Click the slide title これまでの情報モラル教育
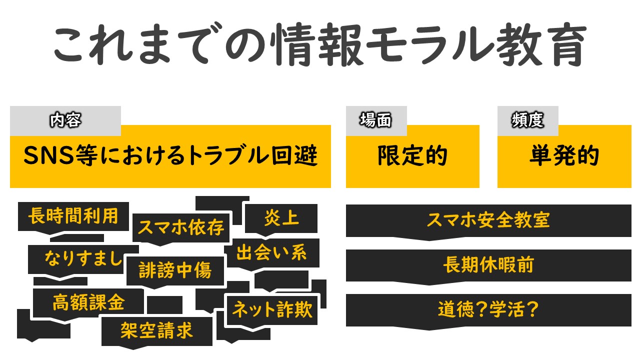[320, 44]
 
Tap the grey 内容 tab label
[65, 120]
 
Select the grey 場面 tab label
[376, 120]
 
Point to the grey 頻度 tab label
[527, 120]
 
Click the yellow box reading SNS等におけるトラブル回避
[170, 156]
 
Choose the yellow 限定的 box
[412, 156]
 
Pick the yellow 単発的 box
[564, 156]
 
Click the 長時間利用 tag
[73, 216]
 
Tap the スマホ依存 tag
[181, 228]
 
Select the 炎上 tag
[281, 218]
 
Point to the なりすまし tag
[83, 259]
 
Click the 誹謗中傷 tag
[175, 271]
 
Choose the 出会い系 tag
[271, 253]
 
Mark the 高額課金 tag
[88, 303]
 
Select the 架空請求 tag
[157, 331]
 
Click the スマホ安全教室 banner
[488, 220]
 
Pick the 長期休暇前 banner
[488, 265]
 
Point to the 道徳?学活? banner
[488, 310]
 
